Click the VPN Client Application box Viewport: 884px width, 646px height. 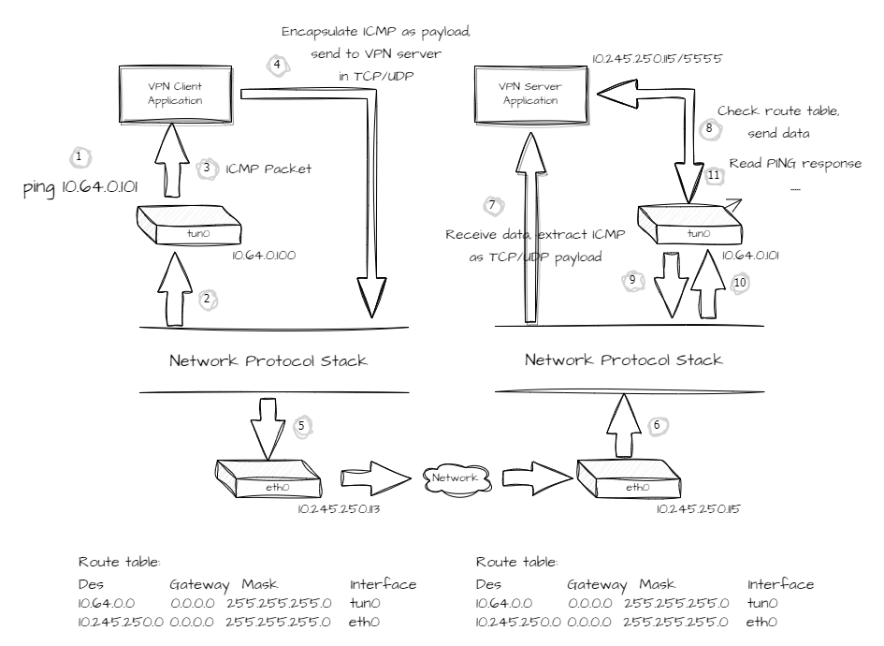[175, 95]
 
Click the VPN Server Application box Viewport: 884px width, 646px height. [530, 95]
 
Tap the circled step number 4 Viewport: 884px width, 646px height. [278, 66]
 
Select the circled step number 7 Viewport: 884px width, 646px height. [493, 205]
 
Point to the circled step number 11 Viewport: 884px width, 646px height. [714, 175]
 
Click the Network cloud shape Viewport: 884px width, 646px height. [456, 479]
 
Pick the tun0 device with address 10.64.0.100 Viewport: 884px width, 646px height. [189, 225]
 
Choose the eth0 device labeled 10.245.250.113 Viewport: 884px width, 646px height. [268, 478]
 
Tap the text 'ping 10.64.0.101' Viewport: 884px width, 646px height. [80, 187]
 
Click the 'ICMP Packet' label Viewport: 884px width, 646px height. [268, 169]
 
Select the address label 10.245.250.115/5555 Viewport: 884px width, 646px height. [657, 59]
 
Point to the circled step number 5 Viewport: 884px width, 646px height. [301, 426]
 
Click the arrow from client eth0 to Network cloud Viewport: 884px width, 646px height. [375, 478]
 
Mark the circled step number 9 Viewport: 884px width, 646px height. [632, 281]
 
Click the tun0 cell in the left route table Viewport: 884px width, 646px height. [365, 603]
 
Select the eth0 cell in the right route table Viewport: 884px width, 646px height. [761, 622]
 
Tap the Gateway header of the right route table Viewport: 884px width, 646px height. [597, 585]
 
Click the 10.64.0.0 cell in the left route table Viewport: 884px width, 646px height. [107, 603]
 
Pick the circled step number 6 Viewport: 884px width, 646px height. [657, 425]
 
